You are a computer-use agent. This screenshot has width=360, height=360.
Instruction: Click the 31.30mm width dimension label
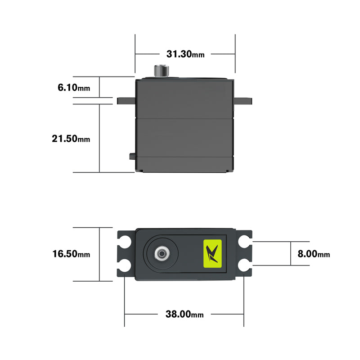185,54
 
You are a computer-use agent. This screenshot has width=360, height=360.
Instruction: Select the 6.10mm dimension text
74,87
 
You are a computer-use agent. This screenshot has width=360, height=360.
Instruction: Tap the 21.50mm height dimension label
71,139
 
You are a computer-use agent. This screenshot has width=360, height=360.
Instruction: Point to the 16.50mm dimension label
71,254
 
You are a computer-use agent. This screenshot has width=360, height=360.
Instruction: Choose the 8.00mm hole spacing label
314,254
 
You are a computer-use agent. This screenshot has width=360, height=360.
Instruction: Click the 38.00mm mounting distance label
184,314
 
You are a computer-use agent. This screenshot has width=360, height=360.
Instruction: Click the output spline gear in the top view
161,254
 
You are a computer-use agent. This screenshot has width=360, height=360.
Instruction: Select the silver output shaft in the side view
162,71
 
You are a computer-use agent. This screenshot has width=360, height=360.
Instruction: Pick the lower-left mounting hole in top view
125,265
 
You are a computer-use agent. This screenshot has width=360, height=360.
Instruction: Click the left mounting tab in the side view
126,100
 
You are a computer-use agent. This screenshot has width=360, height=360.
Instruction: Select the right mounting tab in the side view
243,100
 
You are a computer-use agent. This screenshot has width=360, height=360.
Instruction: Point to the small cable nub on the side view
132,156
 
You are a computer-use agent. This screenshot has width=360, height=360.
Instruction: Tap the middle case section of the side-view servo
185,137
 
